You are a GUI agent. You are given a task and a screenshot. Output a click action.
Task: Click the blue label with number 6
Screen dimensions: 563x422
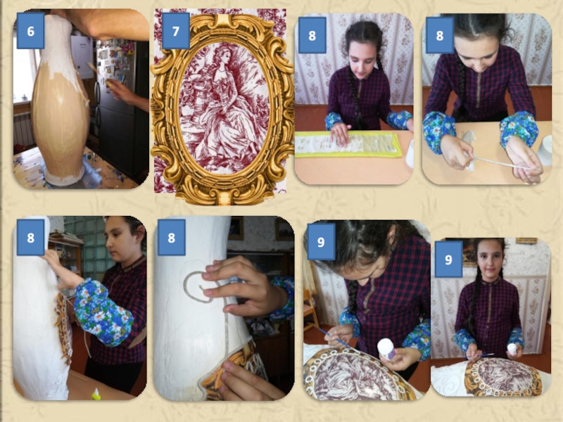pyautogui.click(x=30, y=31)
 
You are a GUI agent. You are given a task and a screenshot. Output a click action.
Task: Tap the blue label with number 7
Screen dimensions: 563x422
pyautogui.click(x=175, y=31)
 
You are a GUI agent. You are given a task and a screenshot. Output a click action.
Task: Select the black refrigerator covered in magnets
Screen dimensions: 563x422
pyautogui.click(x=121, y=108)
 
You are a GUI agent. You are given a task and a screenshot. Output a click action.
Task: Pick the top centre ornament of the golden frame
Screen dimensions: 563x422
pyautogui.click(x=223, y=23)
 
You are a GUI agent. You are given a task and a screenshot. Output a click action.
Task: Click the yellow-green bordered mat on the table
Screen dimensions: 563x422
pyautogui.click(x=348, y=144)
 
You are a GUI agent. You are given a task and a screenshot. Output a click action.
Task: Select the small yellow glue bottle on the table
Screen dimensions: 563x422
pyautogui.click(x=96, y=395)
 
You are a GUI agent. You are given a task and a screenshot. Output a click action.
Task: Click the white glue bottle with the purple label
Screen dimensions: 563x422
pyautogui.click(x=386, y=349)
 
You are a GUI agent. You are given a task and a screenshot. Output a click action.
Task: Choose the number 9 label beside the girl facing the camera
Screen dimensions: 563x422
pyautogui.click(x=448, y=259)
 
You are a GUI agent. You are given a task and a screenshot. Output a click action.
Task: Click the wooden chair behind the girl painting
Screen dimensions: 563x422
pyautogui.click(x=310, y=309)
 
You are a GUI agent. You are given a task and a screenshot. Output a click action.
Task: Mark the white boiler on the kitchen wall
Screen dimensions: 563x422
pyautogui.click(x=82, y=57)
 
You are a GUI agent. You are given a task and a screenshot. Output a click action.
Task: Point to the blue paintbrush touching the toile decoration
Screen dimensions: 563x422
pyautogui.click(x=334, y=338)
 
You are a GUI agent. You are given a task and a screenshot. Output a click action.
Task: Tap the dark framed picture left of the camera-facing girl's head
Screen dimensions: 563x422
pyautogui.click(x=469, y=252)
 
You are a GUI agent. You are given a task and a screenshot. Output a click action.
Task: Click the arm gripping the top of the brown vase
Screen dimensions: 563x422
pyautogui.click(x=104, y=24)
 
